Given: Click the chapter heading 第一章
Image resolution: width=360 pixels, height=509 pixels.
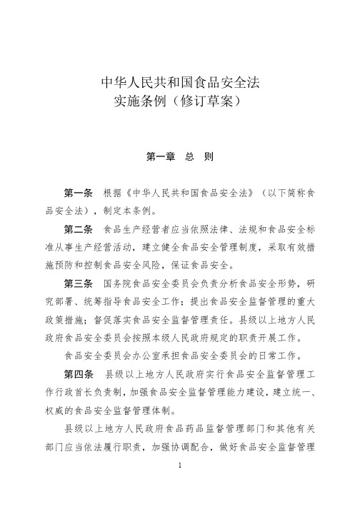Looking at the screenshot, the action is click(161, 155).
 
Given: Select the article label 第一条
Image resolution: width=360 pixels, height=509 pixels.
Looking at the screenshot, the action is click(79, 193).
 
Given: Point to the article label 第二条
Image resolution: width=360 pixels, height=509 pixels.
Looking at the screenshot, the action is click(79, 230).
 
